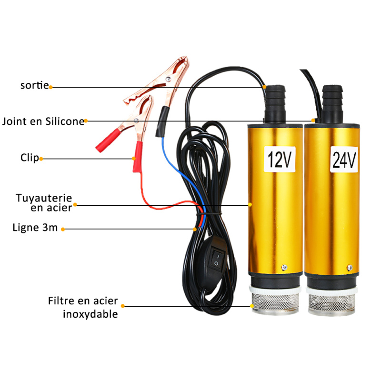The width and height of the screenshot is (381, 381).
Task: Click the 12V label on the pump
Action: (x=280, y=159)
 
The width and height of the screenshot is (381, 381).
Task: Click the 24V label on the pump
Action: (x=344, y=160)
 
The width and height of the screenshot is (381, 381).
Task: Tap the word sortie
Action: (x=34, y=85)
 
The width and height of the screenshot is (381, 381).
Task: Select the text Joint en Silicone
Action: (x=43, y=121)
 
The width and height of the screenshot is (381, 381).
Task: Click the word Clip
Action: (x=30, y=158)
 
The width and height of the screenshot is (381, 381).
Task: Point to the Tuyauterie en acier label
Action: (x=44, y=203)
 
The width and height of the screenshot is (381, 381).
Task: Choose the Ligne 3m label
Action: (x=35, y=228)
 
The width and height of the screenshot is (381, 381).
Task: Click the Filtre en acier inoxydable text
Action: (x=83, y=307)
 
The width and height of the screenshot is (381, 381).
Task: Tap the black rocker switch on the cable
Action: (x=216, y=259)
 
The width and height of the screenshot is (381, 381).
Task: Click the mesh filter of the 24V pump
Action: (x=332, y=304)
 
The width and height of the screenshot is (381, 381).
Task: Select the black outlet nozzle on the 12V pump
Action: (x=275, y=103)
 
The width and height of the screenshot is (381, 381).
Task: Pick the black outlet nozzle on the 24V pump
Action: (x=332, y=104)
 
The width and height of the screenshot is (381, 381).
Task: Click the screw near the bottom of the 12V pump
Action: (x=284, y=268)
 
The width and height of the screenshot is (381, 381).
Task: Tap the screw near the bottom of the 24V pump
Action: (x=350, y=268)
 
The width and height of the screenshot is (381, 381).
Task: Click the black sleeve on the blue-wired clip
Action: (x=162, y=122)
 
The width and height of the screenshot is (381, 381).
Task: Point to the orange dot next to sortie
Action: (x=50, y=87)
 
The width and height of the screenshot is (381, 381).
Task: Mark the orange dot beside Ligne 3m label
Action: (x=63, y=229)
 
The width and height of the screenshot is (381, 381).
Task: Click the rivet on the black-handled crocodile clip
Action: (x=168, y=79)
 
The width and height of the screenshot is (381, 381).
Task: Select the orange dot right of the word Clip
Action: (x=41, y=159)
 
